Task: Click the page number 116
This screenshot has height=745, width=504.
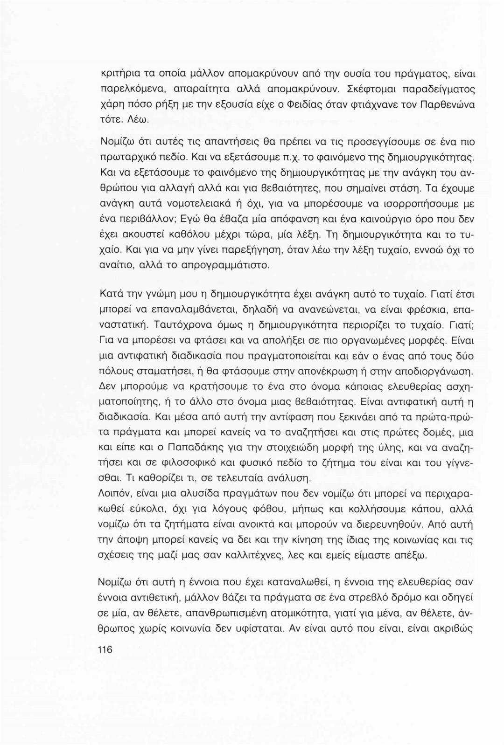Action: point(106,649)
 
